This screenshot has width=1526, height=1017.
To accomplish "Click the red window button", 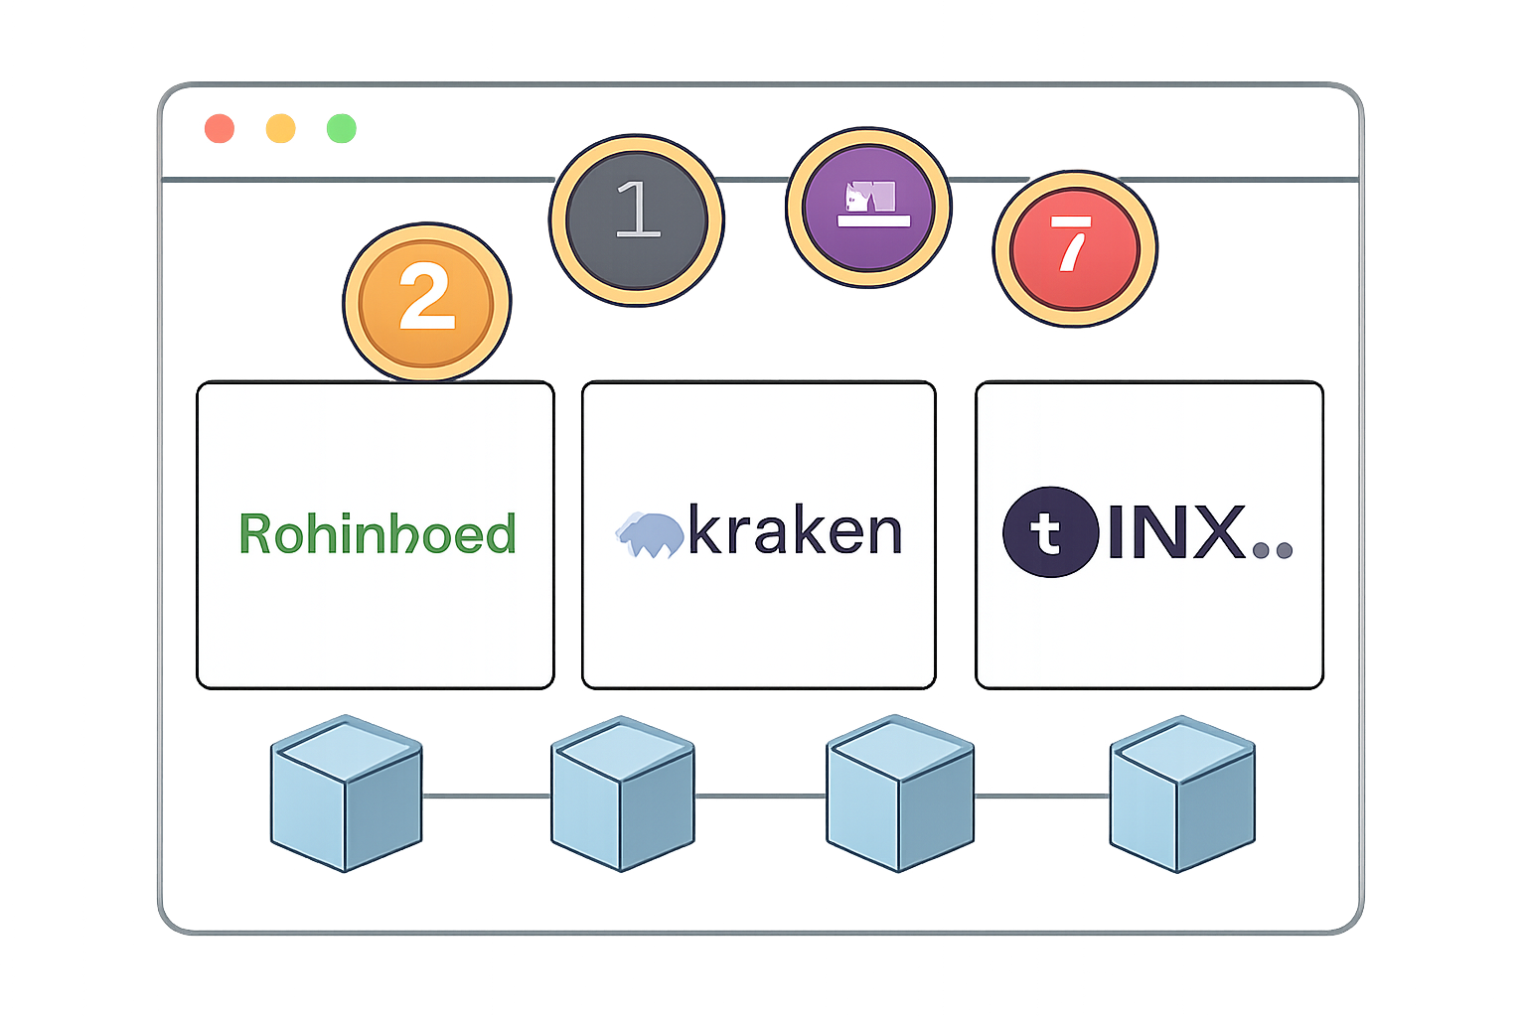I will (x=220, y=128).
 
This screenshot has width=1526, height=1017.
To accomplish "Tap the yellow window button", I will (x=280, y=128).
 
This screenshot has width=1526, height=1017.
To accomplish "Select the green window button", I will (x=341, y=128).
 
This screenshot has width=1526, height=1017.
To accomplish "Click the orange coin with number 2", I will (x=426, y=301).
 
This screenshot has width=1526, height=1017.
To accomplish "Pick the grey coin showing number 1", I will (x=637, y=219).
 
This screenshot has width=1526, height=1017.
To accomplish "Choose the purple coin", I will (x=868, y=208).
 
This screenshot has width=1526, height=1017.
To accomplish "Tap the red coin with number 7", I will (x=1075, y=248).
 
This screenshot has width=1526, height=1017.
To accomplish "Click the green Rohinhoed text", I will (x=378, y=534).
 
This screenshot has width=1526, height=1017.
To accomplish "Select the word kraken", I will (x=795, y=532).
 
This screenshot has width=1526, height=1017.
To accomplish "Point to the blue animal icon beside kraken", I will (x=649, y=533).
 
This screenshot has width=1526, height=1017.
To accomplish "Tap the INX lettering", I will (x=1175, y=532).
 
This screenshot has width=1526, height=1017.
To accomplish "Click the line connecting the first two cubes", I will (x=487, y=796).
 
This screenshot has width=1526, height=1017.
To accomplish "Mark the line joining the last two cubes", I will (x=1041, y=797).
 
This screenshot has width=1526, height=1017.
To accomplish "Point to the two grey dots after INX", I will (x=1273, y=549).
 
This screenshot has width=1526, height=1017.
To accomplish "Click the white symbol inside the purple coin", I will (x=873, y=203).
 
